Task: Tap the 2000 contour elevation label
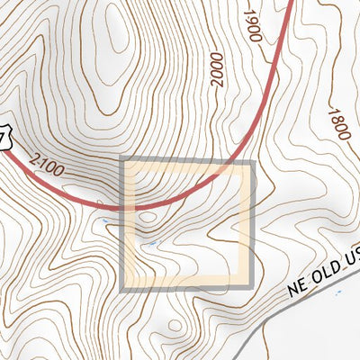(216, 69)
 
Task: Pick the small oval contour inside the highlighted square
(147, 216)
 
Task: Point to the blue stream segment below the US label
(340, 292)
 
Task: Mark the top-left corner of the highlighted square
(123, 164)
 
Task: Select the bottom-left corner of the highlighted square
(123, 288)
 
